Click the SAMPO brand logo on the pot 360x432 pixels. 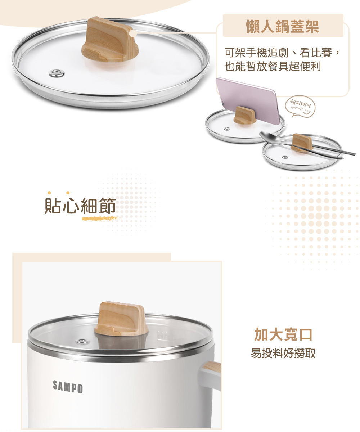[68, 387]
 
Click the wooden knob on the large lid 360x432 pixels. [110, 40]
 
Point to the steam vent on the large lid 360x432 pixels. [57, 73]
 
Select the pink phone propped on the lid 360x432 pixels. [248, 101]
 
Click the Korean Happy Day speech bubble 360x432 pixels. [300, 106]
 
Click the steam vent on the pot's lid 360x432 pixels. [82, 341]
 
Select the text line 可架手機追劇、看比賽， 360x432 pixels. [282, 53]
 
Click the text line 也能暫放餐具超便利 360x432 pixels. [273, 66]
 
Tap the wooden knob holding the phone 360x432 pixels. [245, 115]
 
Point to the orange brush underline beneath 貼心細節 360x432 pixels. [100, 218]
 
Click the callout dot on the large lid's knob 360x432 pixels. [134, 33]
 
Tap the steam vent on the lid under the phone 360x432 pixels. [227, 129]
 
